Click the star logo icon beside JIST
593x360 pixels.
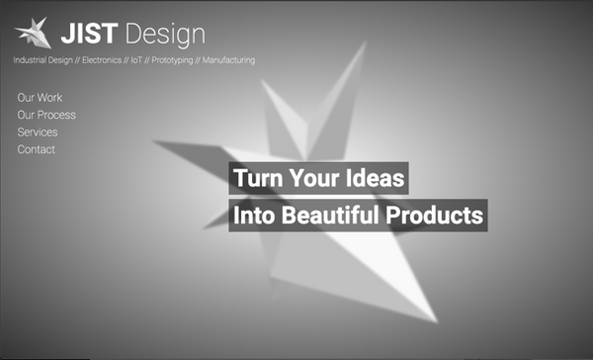point(34,33)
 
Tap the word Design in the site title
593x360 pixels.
point(165,35)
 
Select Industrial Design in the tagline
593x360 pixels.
point(42,60)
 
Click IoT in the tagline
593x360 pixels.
point(136,60)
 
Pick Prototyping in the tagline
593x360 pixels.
point(172,60)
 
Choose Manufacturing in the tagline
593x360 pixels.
point(228,60)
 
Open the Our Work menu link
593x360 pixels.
point(40,98)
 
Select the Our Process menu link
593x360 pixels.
point(46,115)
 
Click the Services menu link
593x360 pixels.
point(38,133)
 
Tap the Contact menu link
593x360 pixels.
point(37,149)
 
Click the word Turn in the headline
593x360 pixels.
point(256,179)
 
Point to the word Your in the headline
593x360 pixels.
point(314,179)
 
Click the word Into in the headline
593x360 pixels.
point(254,215)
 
